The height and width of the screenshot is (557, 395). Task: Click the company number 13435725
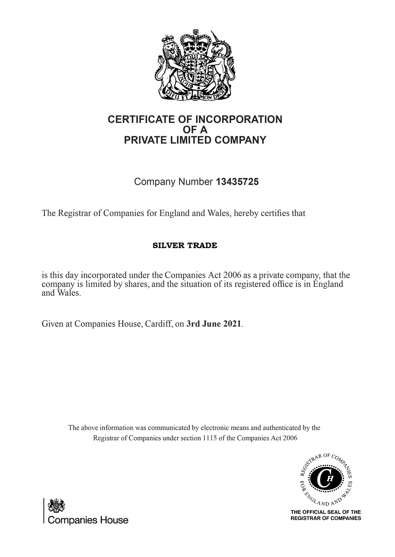coord(237,182)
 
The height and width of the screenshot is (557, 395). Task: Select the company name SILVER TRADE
coord(185,245)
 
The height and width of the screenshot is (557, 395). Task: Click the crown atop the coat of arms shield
coord(195,43)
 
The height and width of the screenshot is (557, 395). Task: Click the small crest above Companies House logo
coord(56,506)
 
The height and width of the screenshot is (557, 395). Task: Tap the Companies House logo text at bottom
coord(88,520)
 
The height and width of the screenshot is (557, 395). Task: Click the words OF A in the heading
coord(195,130)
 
